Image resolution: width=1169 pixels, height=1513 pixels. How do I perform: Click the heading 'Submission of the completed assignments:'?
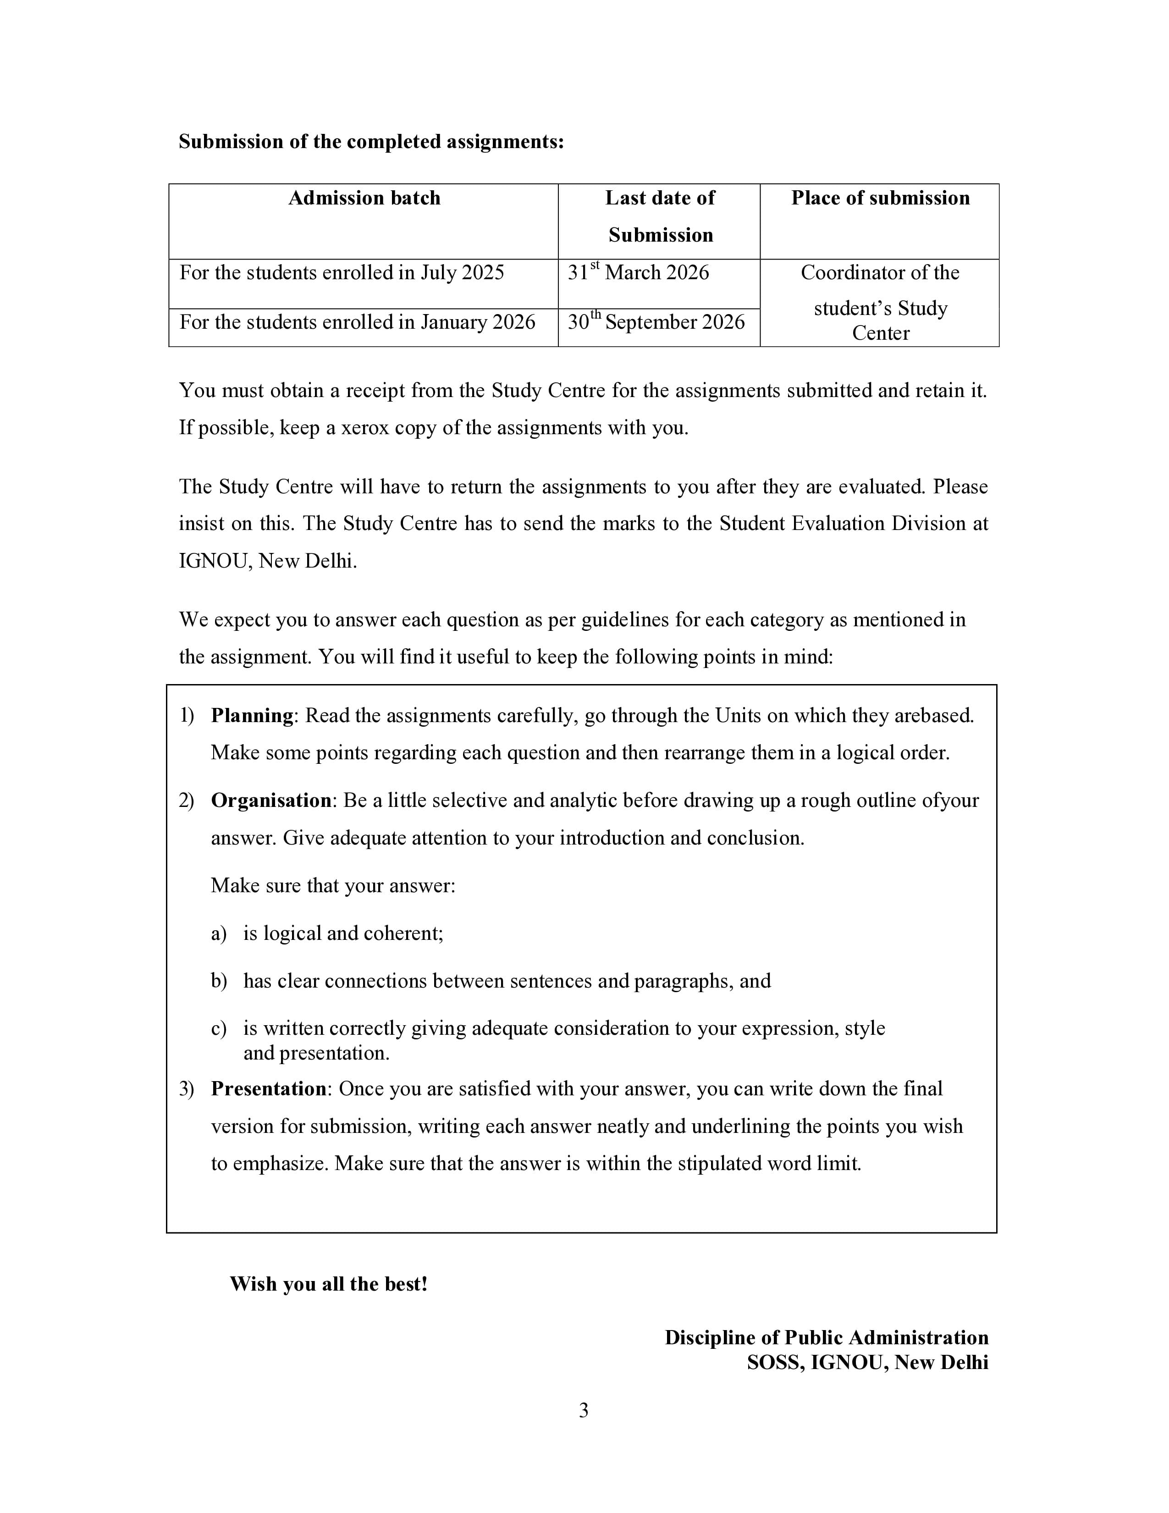click(371, 142)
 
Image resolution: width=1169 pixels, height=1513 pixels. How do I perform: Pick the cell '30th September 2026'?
click(656, 323)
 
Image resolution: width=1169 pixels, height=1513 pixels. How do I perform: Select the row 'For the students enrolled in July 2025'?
click(342, 273)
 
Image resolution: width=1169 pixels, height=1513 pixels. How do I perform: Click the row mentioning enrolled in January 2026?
click(358, 323)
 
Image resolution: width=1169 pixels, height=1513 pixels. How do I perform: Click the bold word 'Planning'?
click(252, 716)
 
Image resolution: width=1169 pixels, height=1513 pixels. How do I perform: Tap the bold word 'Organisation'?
click(271, 801)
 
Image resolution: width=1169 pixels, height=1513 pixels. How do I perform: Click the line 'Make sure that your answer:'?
click(333, 886)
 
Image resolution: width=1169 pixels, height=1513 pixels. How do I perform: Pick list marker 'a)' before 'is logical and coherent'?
click(218, 934)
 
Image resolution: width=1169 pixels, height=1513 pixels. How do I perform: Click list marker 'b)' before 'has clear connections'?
click(219, 982)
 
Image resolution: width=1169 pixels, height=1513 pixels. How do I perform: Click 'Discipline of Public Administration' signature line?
click(826, 1338)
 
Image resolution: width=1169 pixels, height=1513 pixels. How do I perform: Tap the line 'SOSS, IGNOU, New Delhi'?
click(867, 1363)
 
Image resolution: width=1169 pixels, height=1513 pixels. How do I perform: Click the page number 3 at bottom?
click(584, 1410)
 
